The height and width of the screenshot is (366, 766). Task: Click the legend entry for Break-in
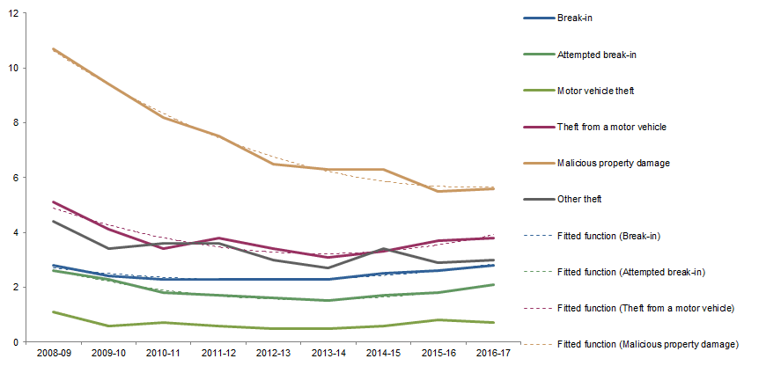[x=574, y=18]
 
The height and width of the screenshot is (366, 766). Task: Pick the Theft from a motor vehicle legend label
[x=611, y=127]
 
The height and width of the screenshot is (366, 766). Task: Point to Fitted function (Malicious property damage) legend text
[x=647, y=343]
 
